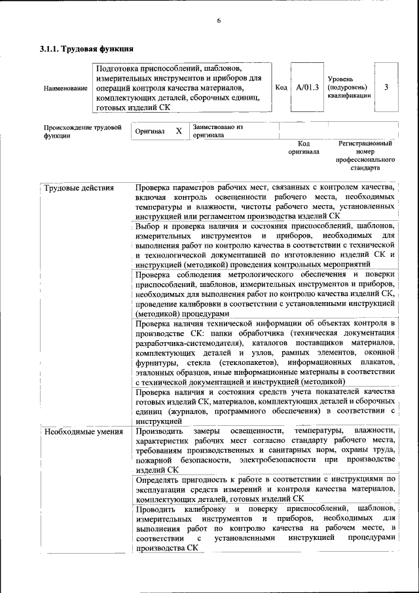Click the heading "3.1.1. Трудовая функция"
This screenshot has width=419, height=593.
[x=87, y=48]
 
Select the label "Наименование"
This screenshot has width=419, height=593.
[x=65, y=88]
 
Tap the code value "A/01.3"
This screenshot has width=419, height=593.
[x=307, y=87]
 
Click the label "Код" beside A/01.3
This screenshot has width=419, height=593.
[x=281, y=87]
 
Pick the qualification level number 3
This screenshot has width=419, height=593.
[x=387, y=87]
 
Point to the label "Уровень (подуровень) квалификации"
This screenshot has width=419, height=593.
[x=348, y=87]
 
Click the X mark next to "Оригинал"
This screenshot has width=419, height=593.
[x=178, y=131]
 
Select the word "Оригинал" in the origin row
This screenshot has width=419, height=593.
[x=150, y=132]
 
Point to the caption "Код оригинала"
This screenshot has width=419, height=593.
[x=304, y=147]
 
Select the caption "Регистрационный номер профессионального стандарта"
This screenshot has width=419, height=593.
[x=365, y=155]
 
